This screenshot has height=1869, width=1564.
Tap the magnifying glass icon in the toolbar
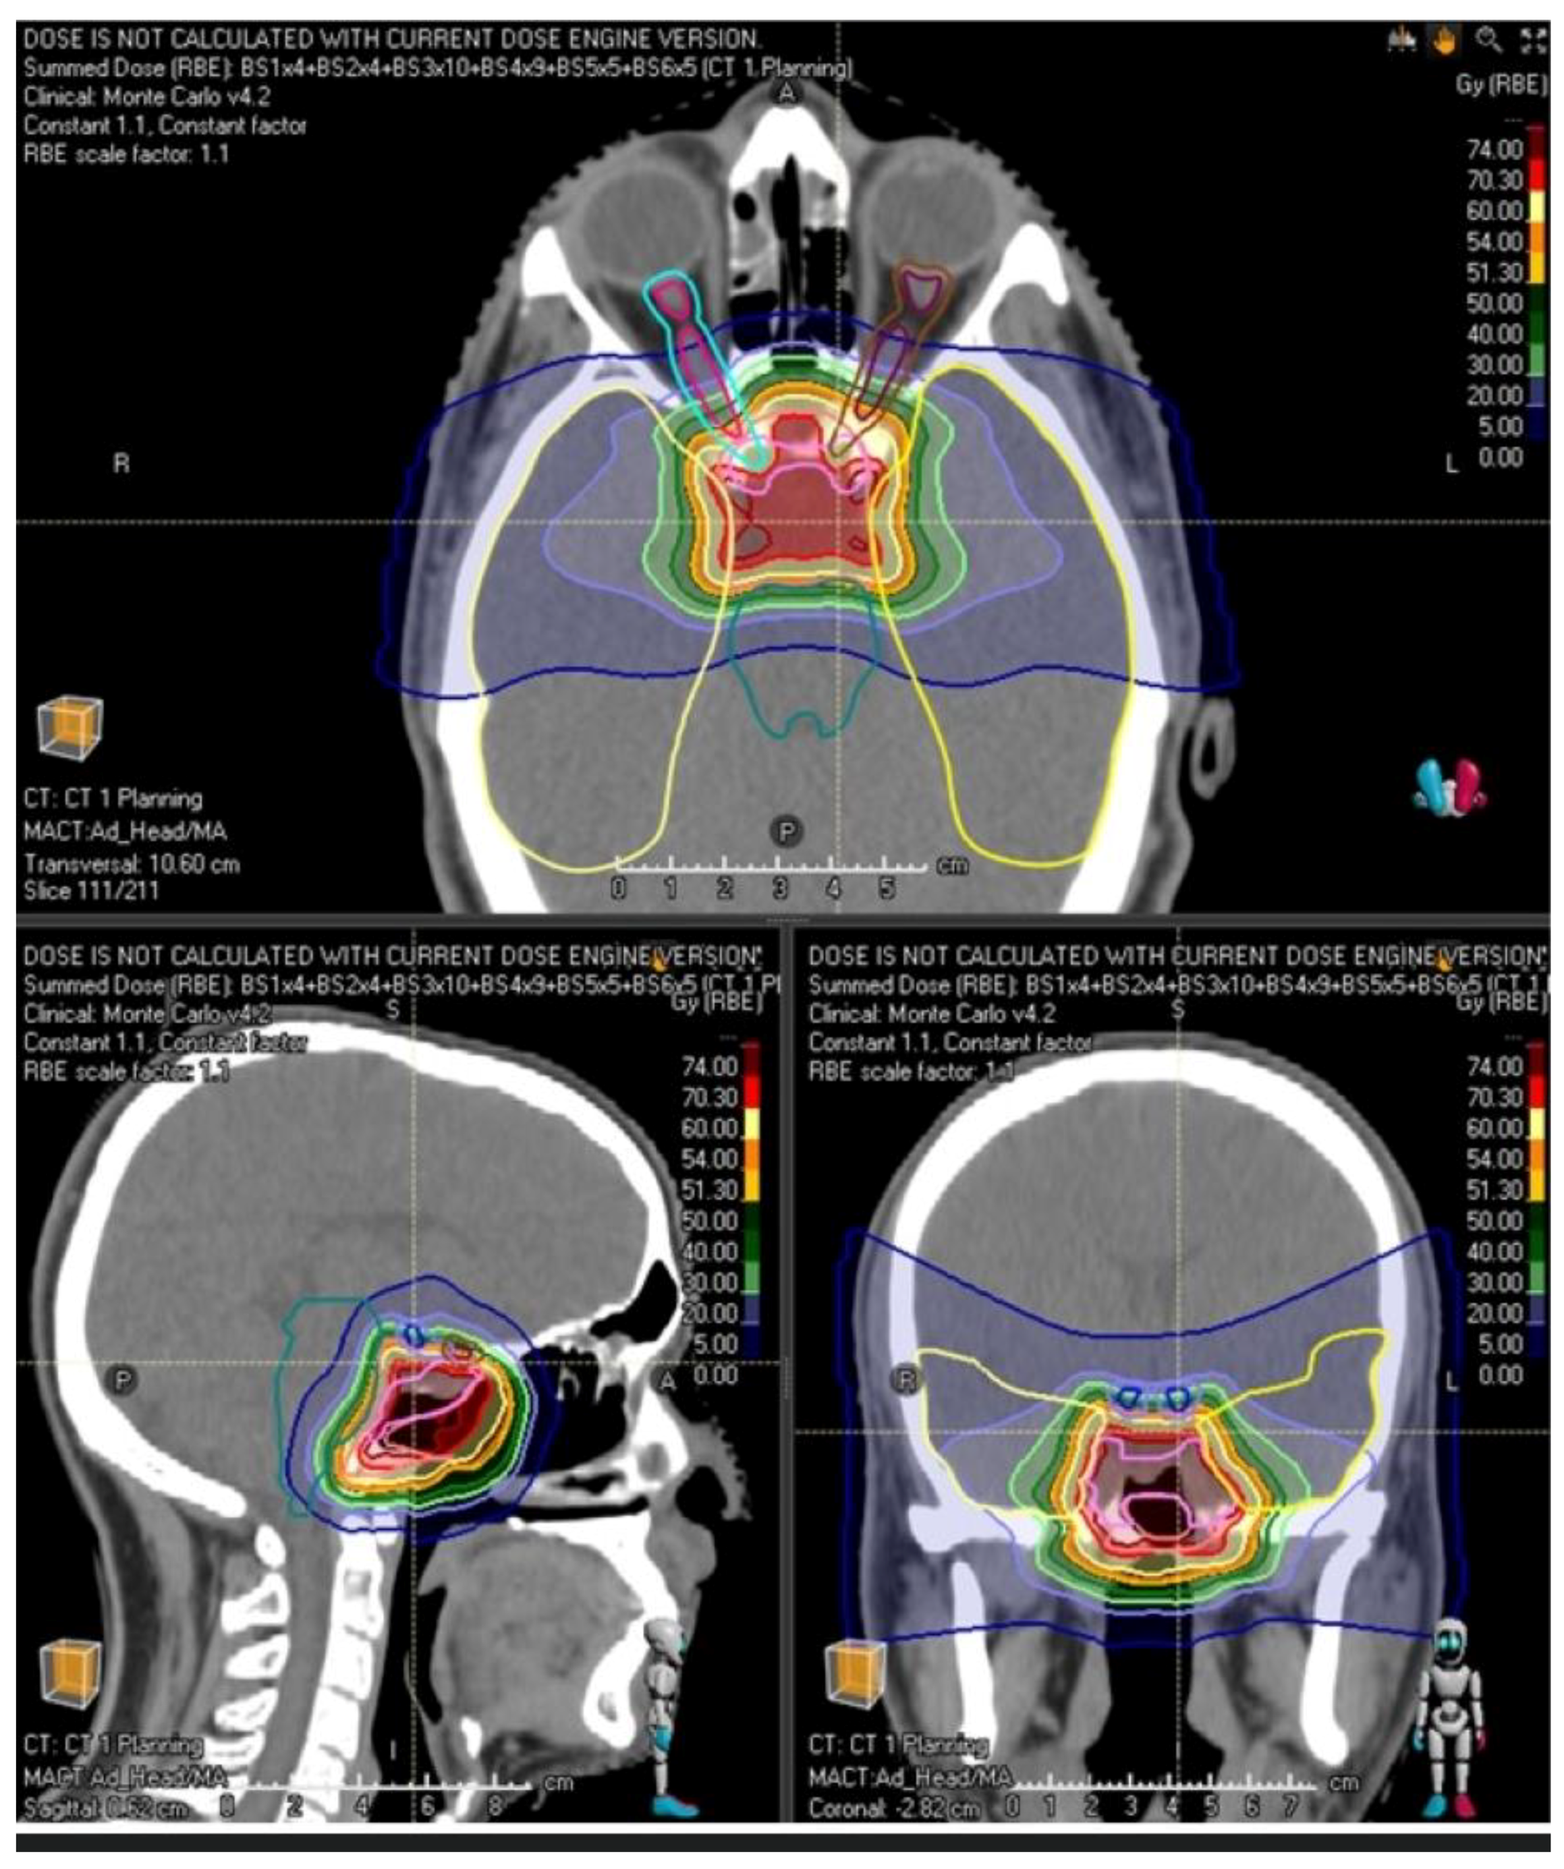tap(1488, 40)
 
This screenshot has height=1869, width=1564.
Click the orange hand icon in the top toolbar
tap(1444, 40)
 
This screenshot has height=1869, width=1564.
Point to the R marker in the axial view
tap(121, 463)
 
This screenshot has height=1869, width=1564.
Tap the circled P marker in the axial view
tap(786, 831)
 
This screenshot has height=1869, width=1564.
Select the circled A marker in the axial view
tap(786, 92)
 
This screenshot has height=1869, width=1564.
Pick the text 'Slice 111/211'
tap(91, 890)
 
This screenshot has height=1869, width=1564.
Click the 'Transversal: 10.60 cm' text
tap(132, 863)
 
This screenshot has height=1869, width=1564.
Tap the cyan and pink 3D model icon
tap(1449, 785)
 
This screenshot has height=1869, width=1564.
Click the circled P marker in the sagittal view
tap(122, 1381)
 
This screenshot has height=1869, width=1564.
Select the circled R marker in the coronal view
tap(906, 1381)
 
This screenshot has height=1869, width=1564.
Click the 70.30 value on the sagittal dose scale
tap(709, 1097)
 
